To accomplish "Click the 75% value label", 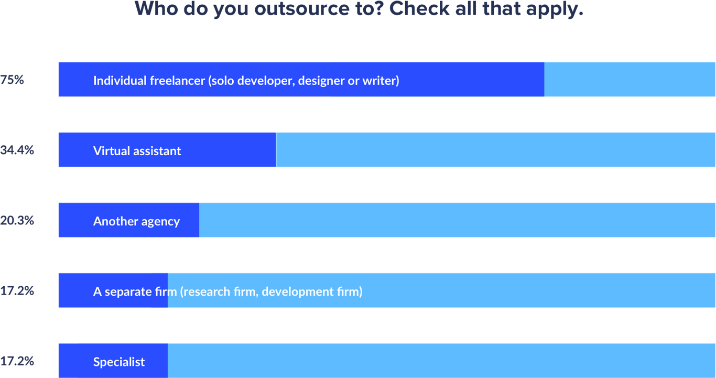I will click(12, 80).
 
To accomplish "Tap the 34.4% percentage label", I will click(17, 150).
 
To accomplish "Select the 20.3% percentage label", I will click(17, 221).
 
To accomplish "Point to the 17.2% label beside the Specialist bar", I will click(17, 361).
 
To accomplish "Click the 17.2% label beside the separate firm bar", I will click(17, 291).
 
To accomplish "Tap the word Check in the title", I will click(416, 9).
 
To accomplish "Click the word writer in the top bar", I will click(381, 81).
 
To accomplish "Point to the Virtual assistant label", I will click(137, 151).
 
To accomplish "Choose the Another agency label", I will click(136, 221).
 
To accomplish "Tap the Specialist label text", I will click(119, 362).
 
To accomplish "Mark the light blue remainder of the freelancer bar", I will click(629, 80).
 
